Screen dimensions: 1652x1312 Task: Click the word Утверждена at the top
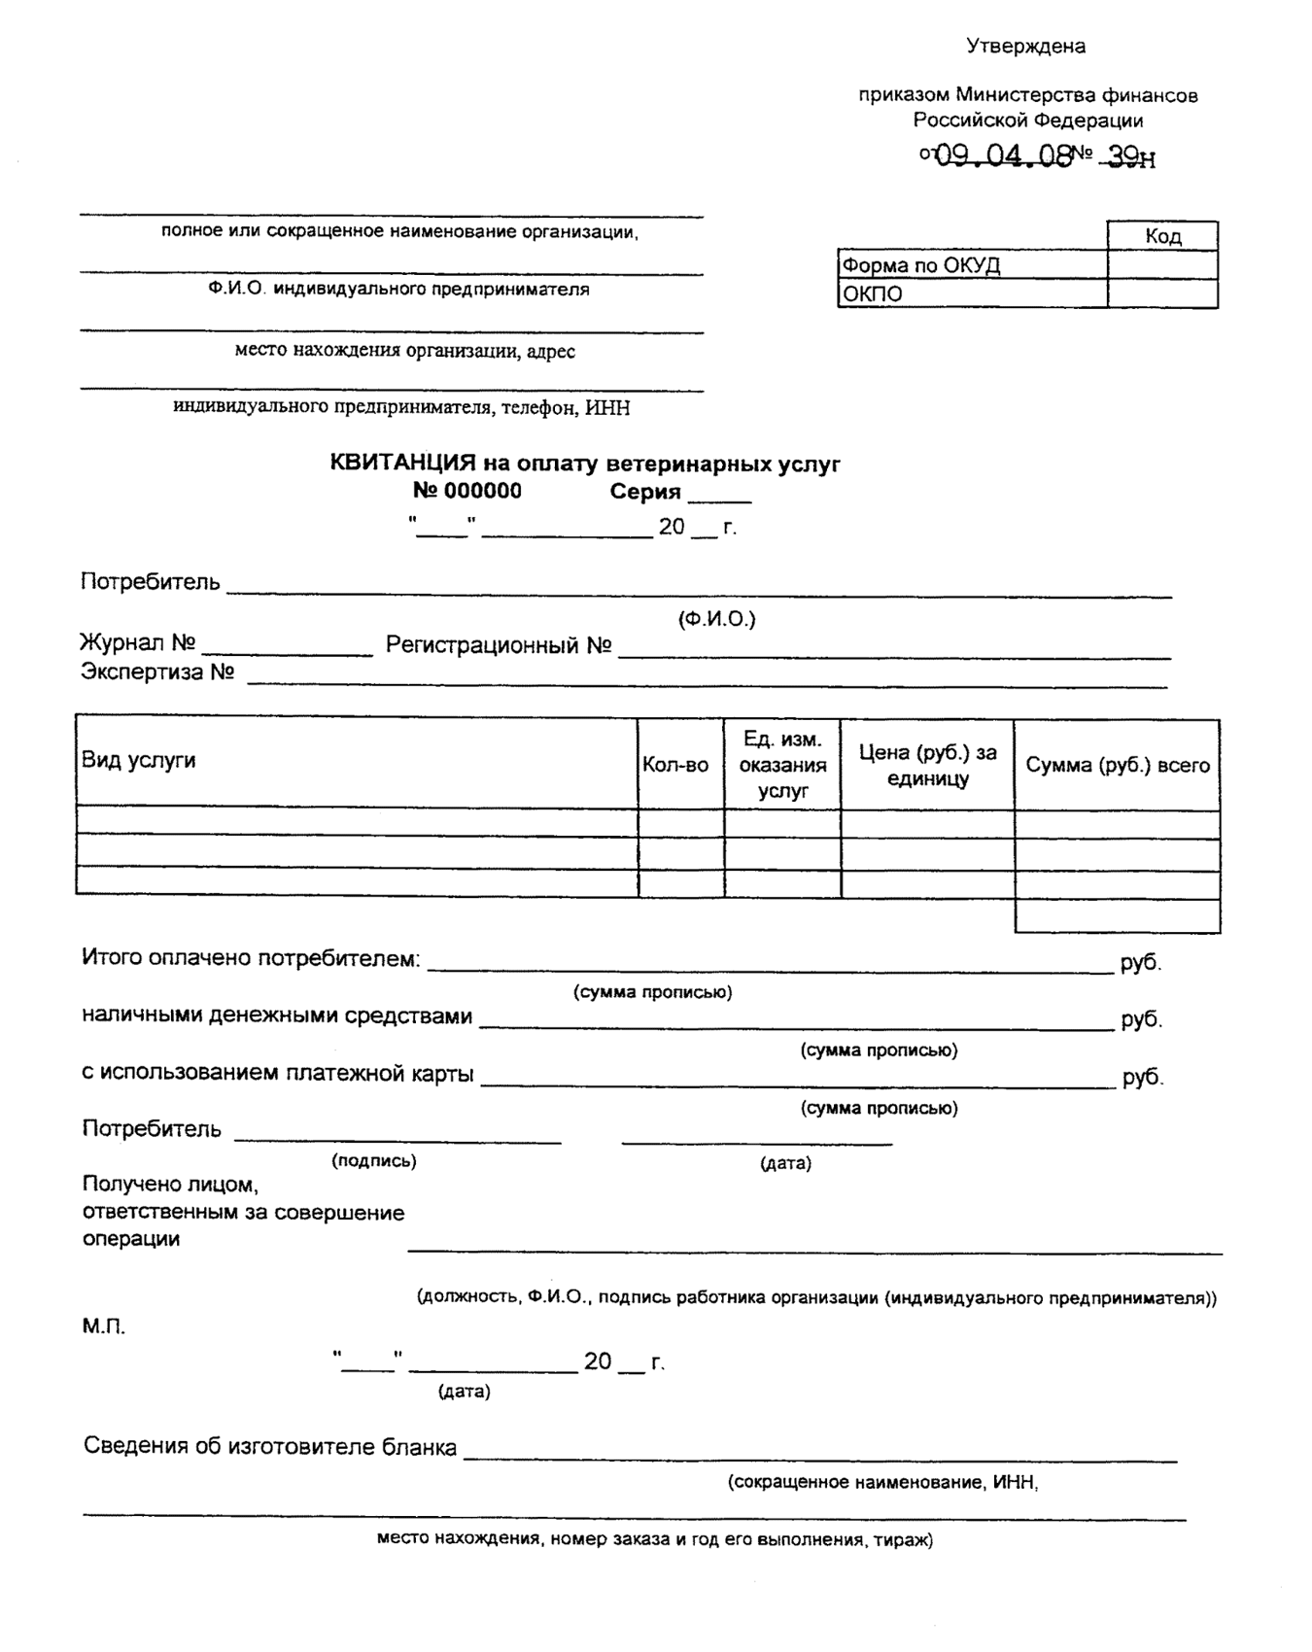[x=1025, y=46]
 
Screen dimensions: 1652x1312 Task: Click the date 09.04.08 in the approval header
[x=1001, y=155]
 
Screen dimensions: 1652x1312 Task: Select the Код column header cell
[x=1162, y=236]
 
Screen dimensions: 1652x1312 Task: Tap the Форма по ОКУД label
[x=920, y=265]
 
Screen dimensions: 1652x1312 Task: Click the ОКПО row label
[x=873, y=294]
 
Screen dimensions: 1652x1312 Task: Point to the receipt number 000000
[x=482, y=491]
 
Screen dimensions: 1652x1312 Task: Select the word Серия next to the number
[x=645, y=492]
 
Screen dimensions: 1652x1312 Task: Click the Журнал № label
[x=137, y=643]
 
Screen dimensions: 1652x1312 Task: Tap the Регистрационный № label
[x=498, y=645]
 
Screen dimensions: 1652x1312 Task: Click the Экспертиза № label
[x=157, y=672]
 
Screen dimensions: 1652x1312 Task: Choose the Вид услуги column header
[x=139, y=760]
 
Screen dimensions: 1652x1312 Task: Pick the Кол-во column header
[x=675, y=765]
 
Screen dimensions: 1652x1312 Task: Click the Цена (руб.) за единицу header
[x=927, y=765]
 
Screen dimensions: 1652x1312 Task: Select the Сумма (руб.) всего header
[x=1118, y=765]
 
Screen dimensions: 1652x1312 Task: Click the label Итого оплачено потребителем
[x=251, y=958]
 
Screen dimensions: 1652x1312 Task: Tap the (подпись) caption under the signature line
[x=374, y=1160]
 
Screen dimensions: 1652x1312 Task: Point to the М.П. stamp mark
[x=103, y=1326]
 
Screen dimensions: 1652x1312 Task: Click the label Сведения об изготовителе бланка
[x=270, y=1446]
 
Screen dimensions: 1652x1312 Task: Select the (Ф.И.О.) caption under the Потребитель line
[x=717, y=619]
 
